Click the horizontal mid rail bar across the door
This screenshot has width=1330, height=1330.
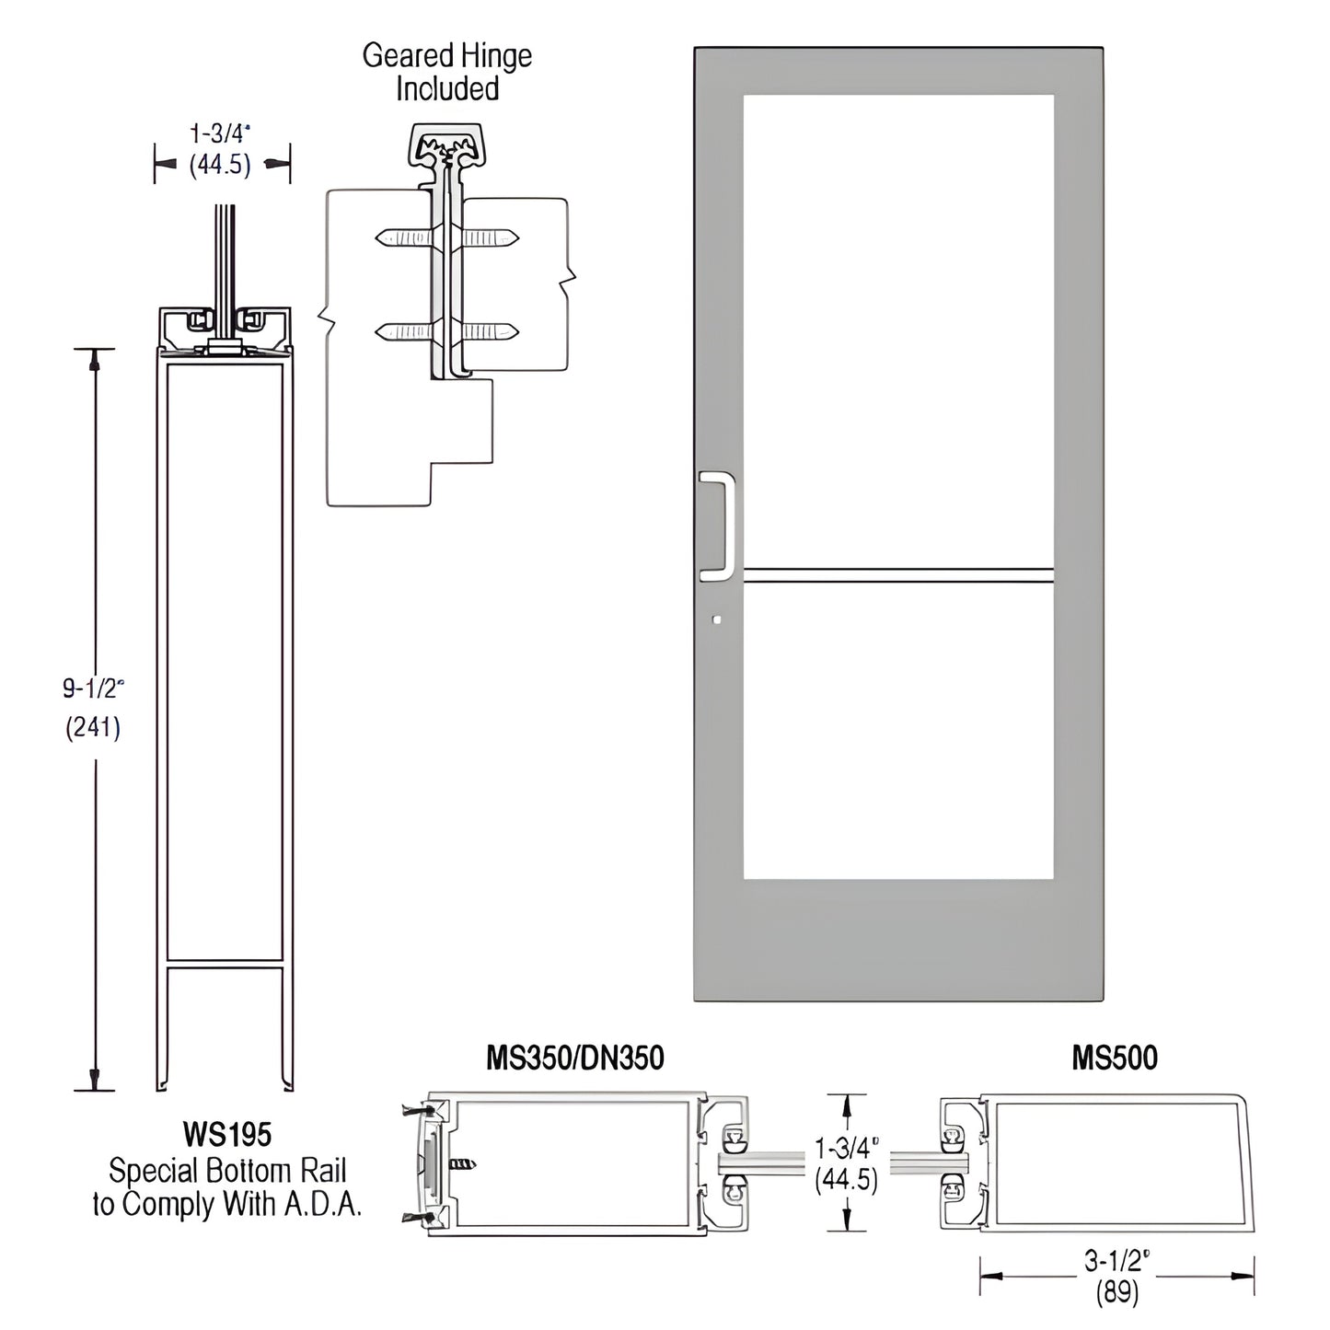pyautogui.click(x=897, y=575)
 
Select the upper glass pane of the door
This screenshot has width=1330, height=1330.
pyautogui.click(x=897, y=331)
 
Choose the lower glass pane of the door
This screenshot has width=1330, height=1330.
pyautogui.click(x=897, y=732)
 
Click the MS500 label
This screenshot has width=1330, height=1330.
pyautogui.click(x=1115, y=1058)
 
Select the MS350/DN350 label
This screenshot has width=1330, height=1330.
pyautogui.click(x=575, y=1058)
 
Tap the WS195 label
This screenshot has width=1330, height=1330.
pyautogui.click(x=227, y=1134)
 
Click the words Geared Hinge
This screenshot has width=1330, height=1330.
pyautogui.click(x=447, y=56)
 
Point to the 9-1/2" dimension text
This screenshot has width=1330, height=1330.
pyautogui.click(x=93, y=688)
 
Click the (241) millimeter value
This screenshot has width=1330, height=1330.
pyautogui.click(x=93, y=728)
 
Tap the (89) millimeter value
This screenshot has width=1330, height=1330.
pyautogui.click(x=1116, y=1293)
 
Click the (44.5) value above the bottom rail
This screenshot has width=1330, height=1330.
pyautogui.click(x=220, y=166)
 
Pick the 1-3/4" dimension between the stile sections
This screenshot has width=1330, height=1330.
pyautogui.click(x=846, y=1148)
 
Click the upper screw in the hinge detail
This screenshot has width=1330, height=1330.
pyautogui.click(x=447, y=238)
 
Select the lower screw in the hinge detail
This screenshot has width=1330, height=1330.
pyautogui.click(x=447, y=331)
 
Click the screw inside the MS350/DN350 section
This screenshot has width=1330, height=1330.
pyautogui.click(x=463, y=1164)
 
